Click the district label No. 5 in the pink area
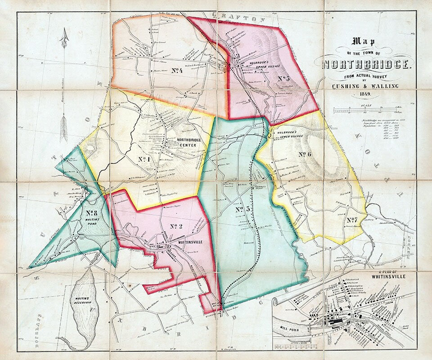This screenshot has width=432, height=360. [283, 79]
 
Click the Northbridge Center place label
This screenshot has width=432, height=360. [179, 142]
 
